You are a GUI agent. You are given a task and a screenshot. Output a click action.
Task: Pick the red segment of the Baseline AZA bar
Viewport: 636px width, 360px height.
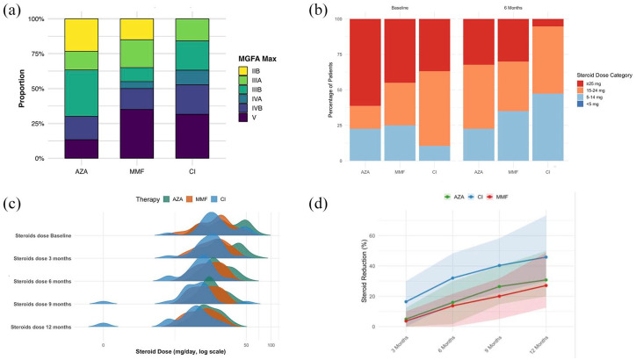[x=365, y=61]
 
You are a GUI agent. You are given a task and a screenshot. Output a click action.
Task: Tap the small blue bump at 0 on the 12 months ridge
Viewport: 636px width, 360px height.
[x=104, y=326]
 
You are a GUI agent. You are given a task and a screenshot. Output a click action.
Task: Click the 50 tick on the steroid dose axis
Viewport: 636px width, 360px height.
[x=247, y=344]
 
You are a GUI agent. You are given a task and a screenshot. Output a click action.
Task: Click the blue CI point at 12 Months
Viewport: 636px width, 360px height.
[x=546, y=257]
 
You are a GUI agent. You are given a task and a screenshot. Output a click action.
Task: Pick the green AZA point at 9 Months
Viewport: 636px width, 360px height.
[x=499, y=286]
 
